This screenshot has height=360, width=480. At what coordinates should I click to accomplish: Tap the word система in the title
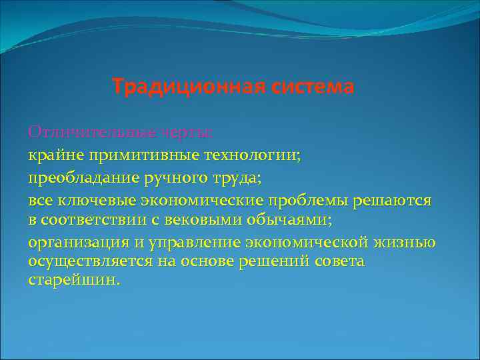pos(312,87)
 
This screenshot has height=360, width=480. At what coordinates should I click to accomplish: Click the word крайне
pos(52,155)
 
